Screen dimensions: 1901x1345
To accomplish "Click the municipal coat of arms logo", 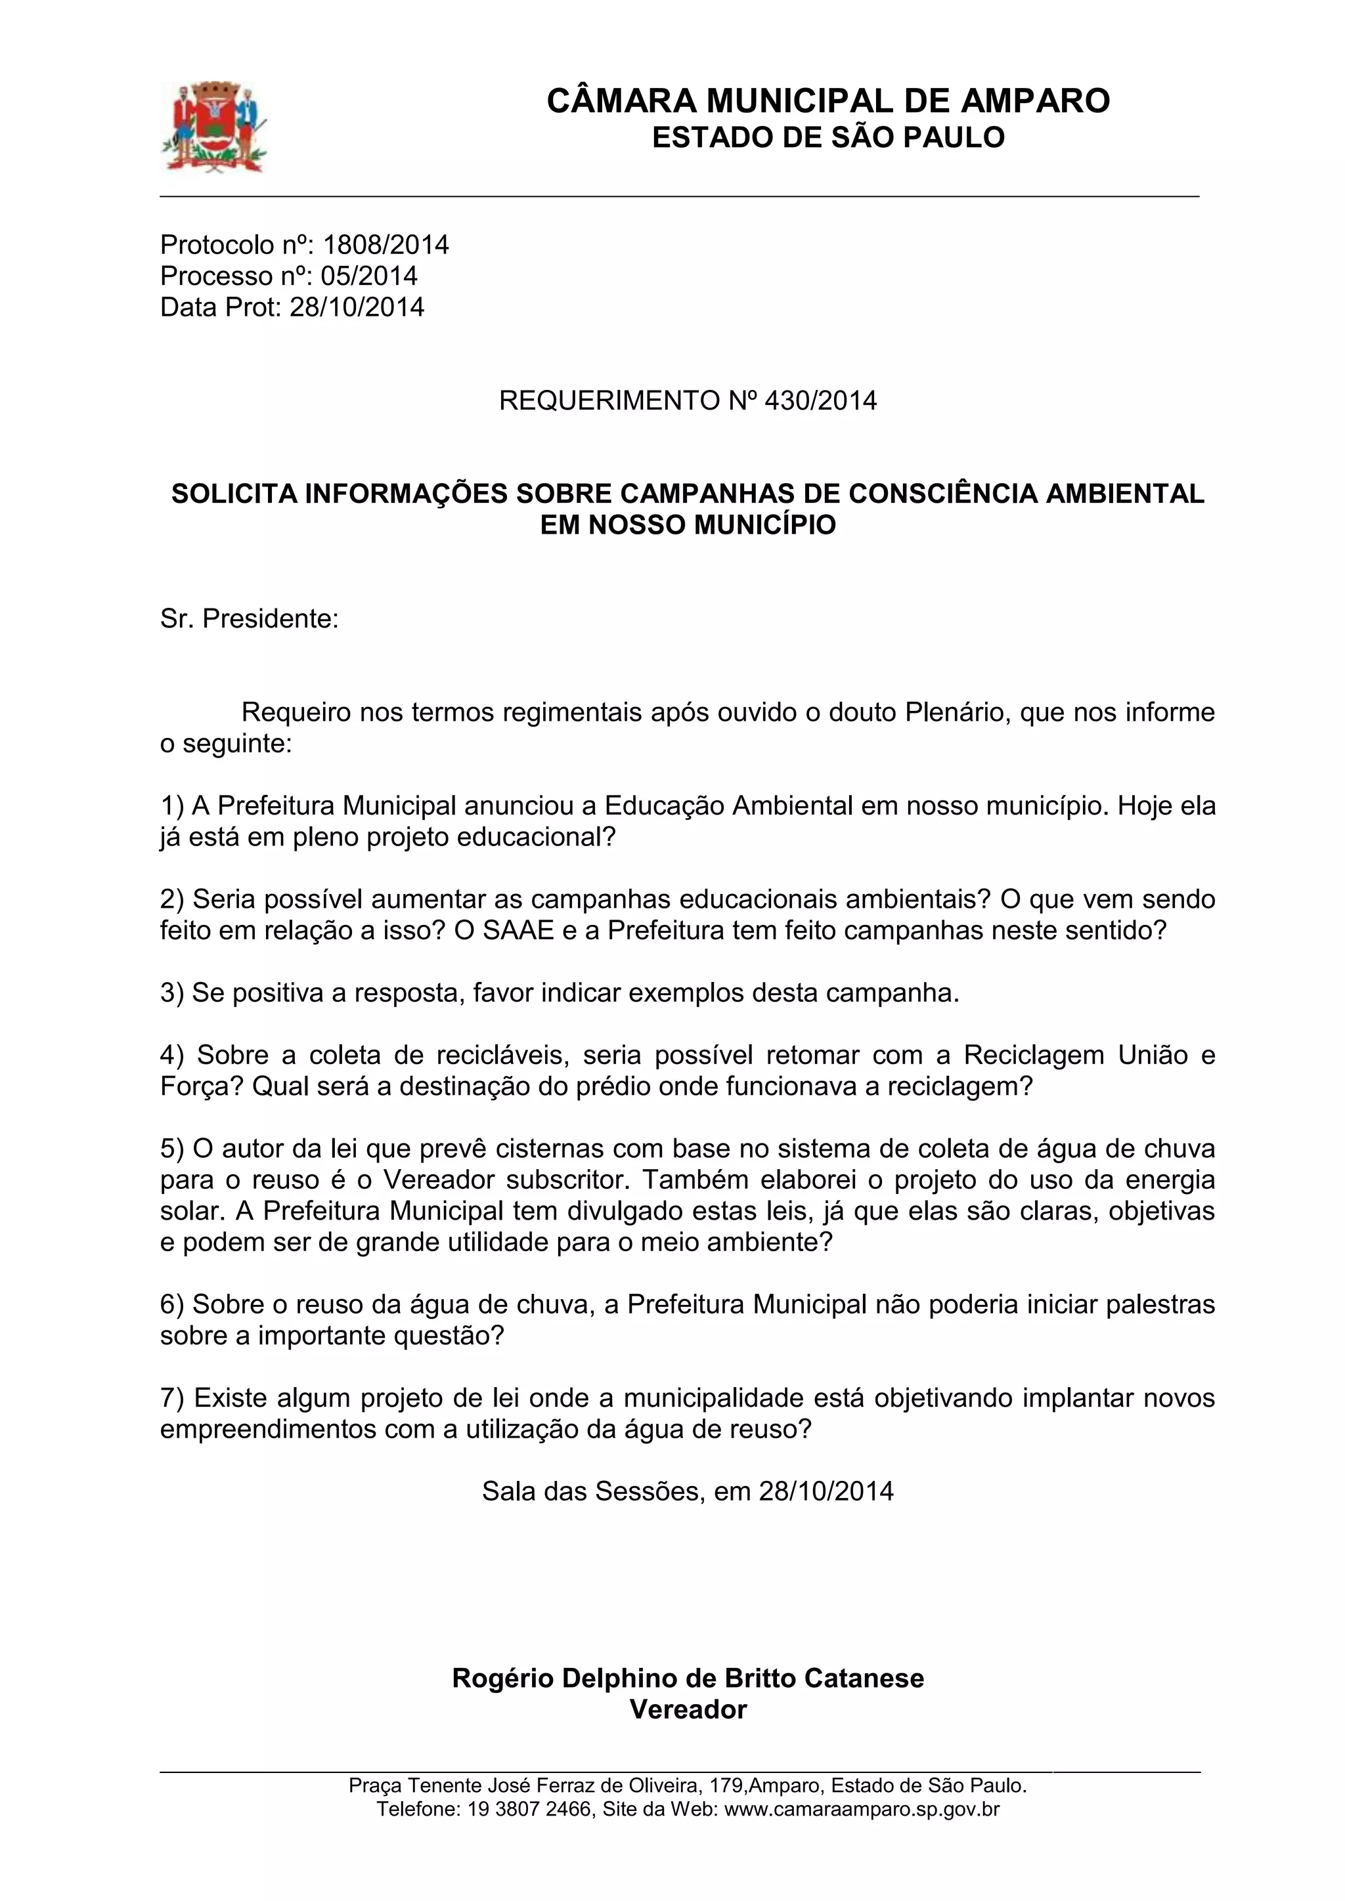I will (213, 127).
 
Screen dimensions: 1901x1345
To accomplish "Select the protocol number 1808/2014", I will (386, 245).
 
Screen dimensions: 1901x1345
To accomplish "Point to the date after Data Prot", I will (357, 307).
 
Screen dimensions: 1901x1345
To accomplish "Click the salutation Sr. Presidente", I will (250, 618).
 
